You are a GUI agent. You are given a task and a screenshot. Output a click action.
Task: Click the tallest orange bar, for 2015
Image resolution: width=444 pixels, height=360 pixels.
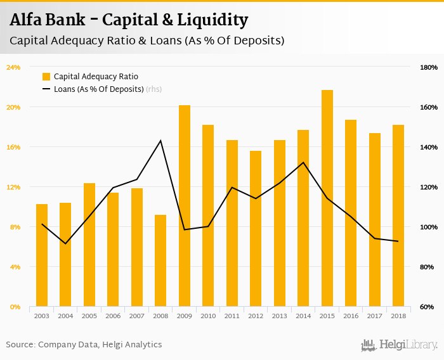point(327,198)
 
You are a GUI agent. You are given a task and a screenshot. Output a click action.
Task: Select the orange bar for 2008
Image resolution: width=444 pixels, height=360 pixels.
point(160,260)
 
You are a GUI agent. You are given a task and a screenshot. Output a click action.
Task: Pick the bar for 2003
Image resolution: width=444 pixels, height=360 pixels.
point(42,255)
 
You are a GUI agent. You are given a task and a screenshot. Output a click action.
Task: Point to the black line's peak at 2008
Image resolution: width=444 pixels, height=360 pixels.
point(160,140)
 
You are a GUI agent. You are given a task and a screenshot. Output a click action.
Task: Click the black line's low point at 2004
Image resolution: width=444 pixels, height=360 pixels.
point(65,243)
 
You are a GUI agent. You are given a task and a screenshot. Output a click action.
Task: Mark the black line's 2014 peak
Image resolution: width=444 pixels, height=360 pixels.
point(303,162)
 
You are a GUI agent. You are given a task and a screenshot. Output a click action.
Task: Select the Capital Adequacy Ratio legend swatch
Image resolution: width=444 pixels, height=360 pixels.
point(46,77)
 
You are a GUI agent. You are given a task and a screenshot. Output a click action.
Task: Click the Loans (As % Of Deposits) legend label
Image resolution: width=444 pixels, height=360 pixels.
point(99,89)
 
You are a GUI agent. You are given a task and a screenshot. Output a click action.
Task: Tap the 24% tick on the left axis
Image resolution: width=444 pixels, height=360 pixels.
point(14,67)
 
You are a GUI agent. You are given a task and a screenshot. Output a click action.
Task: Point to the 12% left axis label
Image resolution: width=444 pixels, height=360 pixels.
point(14,187)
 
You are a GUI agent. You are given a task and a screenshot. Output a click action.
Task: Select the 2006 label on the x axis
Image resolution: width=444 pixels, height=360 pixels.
point(113,315)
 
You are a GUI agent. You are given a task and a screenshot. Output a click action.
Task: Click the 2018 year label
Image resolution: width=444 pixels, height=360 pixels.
point(398,315)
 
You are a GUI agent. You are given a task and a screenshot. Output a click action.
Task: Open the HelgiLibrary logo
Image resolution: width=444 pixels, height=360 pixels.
point(400,345)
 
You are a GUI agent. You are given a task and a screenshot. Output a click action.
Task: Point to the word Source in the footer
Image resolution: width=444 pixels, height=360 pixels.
point(20,345)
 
